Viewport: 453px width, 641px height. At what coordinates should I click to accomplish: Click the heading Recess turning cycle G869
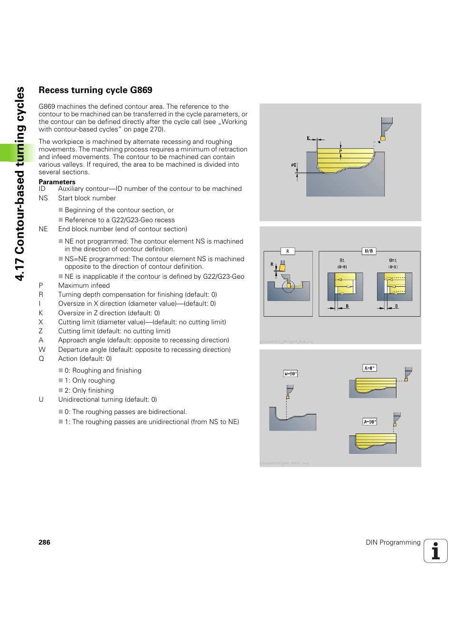click(x=95, y=90)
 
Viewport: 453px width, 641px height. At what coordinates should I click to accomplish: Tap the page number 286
click(x=44, y=542)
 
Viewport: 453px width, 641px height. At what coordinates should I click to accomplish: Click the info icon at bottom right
click(x=435, y=551)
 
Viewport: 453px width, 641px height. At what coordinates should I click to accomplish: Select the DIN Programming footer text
click(x=393, y=542)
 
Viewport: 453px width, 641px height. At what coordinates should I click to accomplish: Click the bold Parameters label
click(x=57, y=182)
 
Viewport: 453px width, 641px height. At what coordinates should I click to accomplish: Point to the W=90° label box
click(x=290, y=374)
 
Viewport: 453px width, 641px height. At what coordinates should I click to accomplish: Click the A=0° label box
click(x=369, y=368)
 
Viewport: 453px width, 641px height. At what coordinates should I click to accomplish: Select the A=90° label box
click(x=369, y=422)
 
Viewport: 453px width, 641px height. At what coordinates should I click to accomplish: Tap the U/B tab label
click(x=368, y=251)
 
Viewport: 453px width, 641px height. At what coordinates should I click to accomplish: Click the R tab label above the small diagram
click(x=287, y=251)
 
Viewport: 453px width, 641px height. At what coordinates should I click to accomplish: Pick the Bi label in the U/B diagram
click(x=342, y=260)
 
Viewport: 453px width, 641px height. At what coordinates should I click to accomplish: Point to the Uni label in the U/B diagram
click(x=393, y=260)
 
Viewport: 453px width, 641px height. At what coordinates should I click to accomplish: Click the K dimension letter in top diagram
click(x=308, y=138)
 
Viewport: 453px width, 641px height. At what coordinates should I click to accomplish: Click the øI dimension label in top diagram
click(x=293, y=165)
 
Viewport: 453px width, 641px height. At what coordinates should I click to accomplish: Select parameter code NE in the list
click(x=43, y=229)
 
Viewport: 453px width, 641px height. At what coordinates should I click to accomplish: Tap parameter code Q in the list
click(x=41, y=358)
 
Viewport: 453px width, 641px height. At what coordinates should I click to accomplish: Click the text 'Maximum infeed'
click(x=84, y=285)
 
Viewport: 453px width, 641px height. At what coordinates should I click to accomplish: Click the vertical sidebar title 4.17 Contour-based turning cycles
click(x=19, y=184)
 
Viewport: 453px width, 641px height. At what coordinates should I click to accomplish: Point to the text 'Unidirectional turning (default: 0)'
click(x=107, y=399)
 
